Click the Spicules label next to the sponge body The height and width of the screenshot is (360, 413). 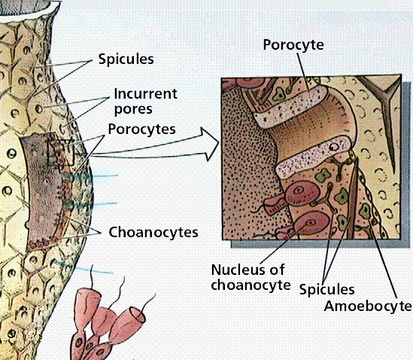point(126,59)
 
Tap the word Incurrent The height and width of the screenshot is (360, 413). point(146,93)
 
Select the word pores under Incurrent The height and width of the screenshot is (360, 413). point(133,110)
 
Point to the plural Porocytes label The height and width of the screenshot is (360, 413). point(141,130)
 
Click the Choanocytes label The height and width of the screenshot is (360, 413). point(153,233)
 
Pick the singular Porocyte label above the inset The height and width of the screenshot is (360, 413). point(293,45)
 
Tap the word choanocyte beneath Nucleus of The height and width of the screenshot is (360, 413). point(251,285)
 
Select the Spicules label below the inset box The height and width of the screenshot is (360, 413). point(327,290)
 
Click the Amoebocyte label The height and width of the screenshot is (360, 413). point(368,307)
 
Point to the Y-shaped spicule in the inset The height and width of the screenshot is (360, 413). point(383,111)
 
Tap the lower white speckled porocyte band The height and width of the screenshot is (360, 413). point(314,157)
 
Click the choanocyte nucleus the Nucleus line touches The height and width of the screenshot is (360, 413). point(311,223)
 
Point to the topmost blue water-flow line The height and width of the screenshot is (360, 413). point(104,175)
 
